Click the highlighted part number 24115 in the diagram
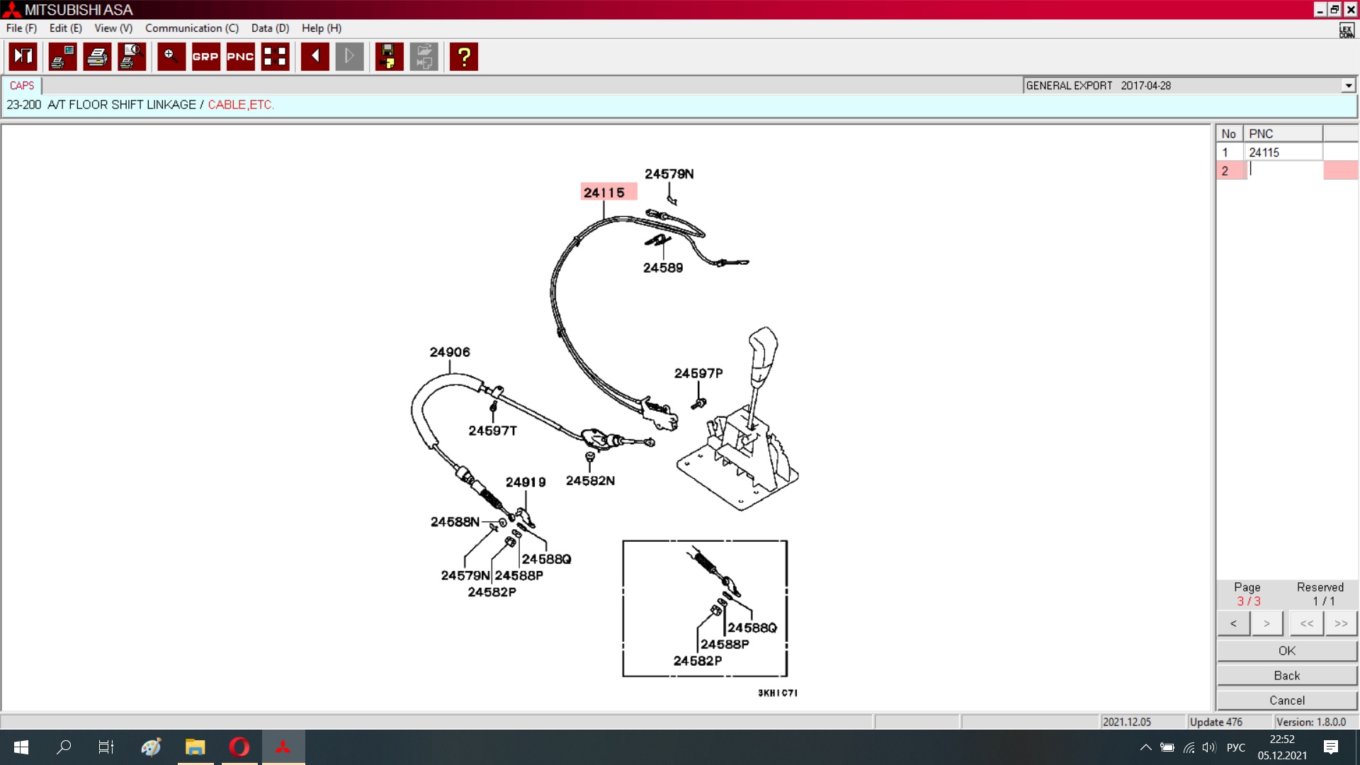click(604, 193)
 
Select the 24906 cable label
click(450, 352)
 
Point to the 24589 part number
click(663, 268)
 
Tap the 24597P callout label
click(698, 373)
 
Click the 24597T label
click(493, 431)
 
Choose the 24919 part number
click(526, 482)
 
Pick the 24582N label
click(590, 481)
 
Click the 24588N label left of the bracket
click(455, 522)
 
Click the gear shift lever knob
click(764, 348)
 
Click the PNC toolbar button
click(240, 57)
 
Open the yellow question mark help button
click(464, 57)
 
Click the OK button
click(1287, 651)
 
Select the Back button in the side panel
click(1287, 676)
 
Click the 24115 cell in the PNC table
click(1283, 152)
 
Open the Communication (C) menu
click(192, 28)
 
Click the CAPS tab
click(22, 86)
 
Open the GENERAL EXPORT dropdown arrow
click(1348, 86)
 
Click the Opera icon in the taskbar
click(239, 747)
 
